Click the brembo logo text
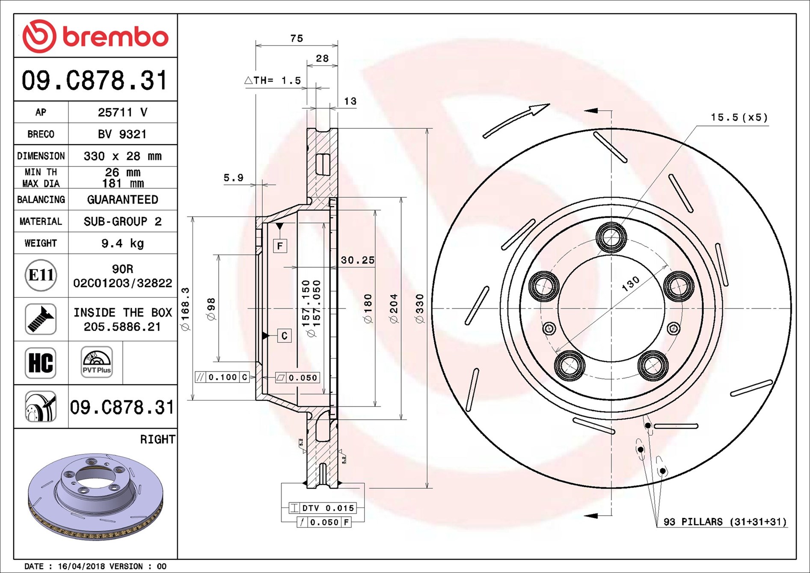point(116,37)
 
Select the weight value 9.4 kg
point(122,243)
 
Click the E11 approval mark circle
point(41,275)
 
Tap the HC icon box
point(41,363)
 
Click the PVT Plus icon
point(97,362)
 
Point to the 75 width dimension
point(296,39)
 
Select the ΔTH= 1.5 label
point(273,80)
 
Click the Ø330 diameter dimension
point(419,308)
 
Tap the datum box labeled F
point(280,246)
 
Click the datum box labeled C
point(285,336)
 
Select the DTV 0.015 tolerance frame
point(323,508)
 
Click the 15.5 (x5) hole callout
point(739,117)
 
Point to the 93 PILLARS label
point(724,522)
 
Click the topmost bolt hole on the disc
point(611,237)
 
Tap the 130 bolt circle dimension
point(630,283)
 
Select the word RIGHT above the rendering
point(157,439)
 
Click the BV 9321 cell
point(122,134)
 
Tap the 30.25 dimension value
point(357,260)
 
